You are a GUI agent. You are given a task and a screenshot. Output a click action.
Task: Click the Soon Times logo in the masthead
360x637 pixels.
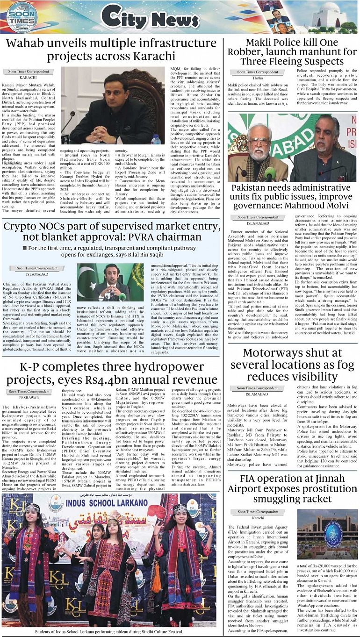(x=22, y=17)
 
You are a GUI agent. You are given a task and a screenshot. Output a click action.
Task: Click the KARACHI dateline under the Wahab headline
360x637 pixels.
(x=29, y=77)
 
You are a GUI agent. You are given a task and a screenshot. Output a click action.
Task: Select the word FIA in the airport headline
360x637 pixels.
(x=250, y=479)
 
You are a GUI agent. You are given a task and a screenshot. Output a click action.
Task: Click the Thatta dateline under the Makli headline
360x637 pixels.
(x=258, y=78)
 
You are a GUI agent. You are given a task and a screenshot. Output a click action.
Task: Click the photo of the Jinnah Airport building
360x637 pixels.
(x=327, y=534)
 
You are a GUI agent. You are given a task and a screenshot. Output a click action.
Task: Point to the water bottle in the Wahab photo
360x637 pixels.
(x=157, y=139)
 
